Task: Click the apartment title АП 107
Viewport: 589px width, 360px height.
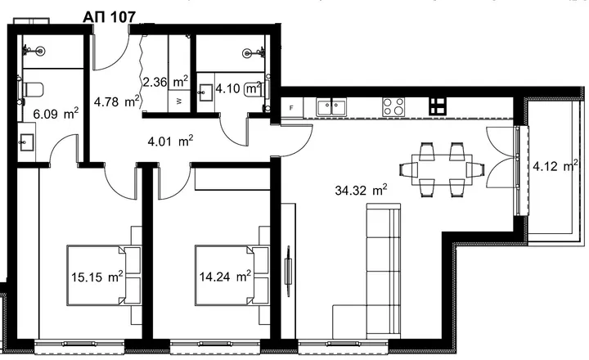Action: tap(109, 17)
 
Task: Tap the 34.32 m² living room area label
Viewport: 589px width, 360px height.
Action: tap(361, 190)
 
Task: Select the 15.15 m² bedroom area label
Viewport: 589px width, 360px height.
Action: tap(97, 277)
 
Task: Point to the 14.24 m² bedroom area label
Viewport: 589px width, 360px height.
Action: tap(225, 277)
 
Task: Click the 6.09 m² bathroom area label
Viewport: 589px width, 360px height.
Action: tap(56, 114)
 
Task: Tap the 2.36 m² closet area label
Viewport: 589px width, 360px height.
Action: tap(165, 82)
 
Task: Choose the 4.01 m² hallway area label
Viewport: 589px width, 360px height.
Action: tap(170, 142)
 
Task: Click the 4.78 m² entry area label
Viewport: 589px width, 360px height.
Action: tap(117, 101)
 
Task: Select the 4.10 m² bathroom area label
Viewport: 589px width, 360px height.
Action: tap(238, 88)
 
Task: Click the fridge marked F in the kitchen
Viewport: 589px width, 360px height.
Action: tap(291, 108)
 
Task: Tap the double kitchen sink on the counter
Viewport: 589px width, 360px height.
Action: tap(331, 106)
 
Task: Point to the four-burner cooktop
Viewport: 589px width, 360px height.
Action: tap(393, 106)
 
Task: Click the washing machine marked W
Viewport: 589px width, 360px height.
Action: tap(179, 101)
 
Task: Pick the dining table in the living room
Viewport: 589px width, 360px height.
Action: tap(442, 169)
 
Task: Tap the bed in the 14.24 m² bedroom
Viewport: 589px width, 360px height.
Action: tap(224, 275)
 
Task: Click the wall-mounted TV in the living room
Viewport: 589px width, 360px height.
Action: tap(289, 266)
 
